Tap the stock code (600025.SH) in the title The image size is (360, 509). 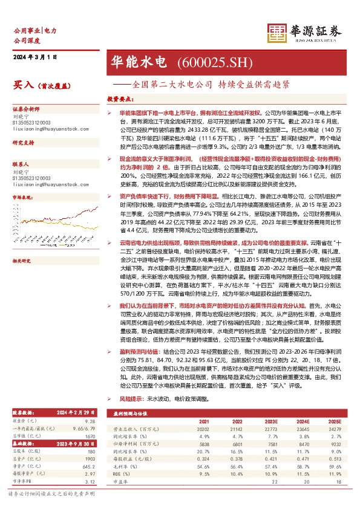pos(205,62)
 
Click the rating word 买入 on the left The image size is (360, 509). pos(22,85)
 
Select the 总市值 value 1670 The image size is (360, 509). pos(91,436)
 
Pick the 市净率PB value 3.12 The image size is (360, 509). pos(91,482)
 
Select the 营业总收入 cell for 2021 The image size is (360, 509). pos(203,429)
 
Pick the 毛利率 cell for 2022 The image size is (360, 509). pos(237,466)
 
